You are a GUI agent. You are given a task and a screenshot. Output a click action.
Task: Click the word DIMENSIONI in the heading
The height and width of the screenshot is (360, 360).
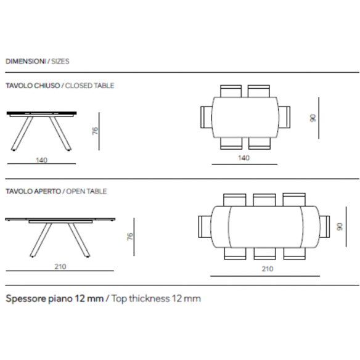(26, 62)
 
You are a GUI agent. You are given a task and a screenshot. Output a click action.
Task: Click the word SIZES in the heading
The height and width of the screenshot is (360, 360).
(60, 62)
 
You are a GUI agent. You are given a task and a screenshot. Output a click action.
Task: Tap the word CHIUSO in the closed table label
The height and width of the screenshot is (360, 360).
(47, 86)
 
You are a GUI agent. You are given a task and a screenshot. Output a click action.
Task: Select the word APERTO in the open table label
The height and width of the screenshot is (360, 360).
(47, 192)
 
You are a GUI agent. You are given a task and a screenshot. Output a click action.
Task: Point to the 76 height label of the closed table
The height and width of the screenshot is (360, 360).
(95, 131)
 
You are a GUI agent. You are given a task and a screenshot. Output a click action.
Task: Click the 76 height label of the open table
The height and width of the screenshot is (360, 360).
(130, 237)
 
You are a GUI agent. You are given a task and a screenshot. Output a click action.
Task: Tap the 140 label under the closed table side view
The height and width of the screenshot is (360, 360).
(41, 160)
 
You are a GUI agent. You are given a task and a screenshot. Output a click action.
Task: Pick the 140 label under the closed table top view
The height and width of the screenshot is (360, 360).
(243, 158)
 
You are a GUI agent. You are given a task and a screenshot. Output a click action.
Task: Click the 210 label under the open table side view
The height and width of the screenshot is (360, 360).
(60, 266)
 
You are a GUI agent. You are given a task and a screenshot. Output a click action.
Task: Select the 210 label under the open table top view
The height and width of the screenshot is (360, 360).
(268, 269)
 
